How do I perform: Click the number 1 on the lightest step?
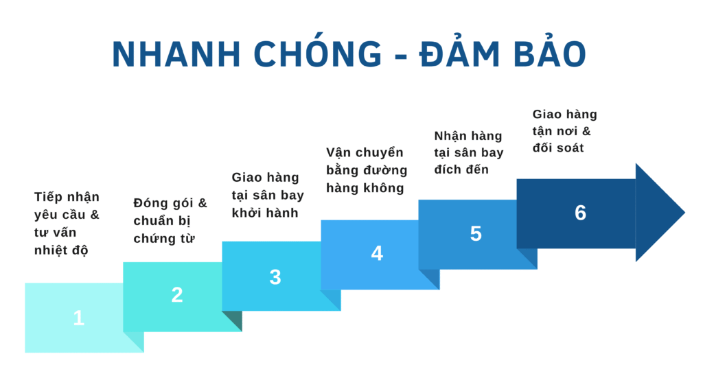click(x=79, y=318)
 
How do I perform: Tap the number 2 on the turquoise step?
click(x=177, y=295)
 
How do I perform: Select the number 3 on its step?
click(x=275, y=277)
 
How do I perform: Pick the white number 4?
click(x=377, y=253)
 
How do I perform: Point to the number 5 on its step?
click(x=476, y=233)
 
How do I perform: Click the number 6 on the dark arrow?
click(x=581, y=213)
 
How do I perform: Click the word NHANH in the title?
click(x=176, y=55)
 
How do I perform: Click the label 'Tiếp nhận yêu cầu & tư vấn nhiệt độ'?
click(x=67, y=223)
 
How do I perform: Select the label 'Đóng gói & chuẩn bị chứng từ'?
click(x=170, y=220)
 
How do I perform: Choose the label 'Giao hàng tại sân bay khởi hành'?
click(x=268, y=195)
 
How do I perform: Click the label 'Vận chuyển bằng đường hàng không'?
click(x=367, y=170)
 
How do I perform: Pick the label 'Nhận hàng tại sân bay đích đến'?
click(x=468, y=152)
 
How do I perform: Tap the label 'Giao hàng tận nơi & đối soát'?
click(x=565, y=131)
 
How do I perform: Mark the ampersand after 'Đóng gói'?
click(x=203, y=203)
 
